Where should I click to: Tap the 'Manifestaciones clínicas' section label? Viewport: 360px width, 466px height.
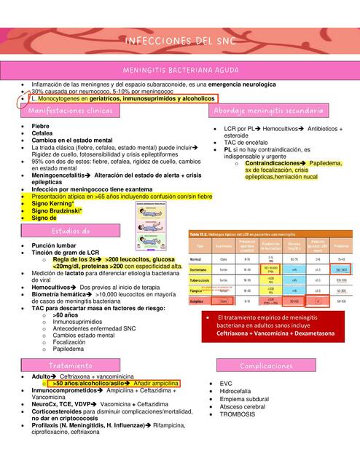71,111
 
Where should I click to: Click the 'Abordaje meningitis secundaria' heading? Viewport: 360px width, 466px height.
269,111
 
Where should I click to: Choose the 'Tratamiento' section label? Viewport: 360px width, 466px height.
71,364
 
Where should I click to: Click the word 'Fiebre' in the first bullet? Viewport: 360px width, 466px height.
41,127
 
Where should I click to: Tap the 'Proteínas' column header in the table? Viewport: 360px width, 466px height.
340,246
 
